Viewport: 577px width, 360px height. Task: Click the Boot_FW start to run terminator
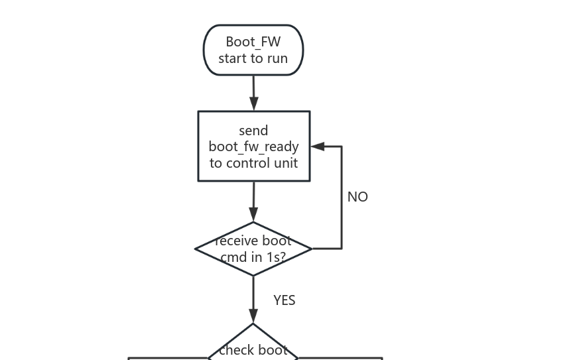click(253, 50)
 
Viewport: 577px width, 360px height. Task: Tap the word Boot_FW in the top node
click(253, 42)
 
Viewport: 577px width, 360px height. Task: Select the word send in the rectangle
click(253, 131)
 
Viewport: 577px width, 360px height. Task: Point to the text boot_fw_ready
click(253, 147)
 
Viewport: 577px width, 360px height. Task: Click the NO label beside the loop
click(357, 197)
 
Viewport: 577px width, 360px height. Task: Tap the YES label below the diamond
click(284, 300)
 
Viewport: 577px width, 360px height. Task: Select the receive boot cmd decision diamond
click(253, 249)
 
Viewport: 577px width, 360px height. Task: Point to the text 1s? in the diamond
click(272, 257)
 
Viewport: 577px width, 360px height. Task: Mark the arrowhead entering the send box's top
click(253, 103)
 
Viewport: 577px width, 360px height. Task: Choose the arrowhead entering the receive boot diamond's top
click(253, 214)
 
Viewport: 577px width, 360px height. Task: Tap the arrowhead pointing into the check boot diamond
click(253, 316)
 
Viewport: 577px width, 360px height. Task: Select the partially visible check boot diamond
click(253, 345)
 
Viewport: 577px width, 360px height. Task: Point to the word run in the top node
click(277, 58)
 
